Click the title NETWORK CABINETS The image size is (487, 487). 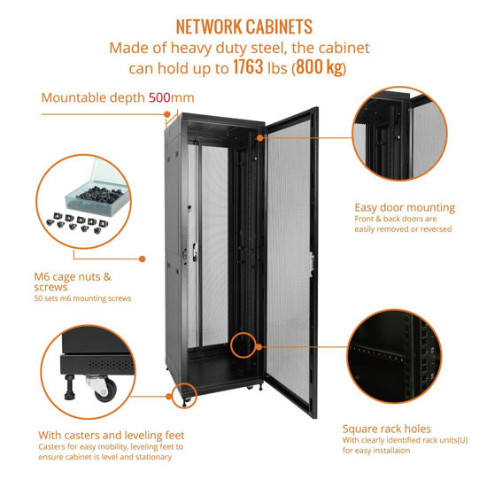243,26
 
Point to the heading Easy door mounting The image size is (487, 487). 404,208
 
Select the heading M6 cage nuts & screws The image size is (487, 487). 76,282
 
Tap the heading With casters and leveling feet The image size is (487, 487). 111,435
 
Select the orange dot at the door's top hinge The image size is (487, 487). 259,137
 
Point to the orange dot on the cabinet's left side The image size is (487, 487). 143,259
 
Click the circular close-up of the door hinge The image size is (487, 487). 405,137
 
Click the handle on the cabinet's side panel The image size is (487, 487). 186,253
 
